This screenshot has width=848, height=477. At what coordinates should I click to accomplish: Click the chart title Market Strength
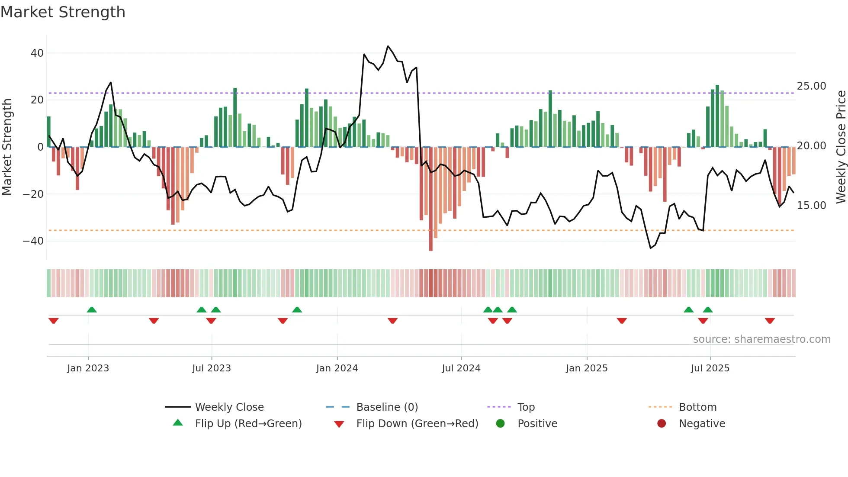63,12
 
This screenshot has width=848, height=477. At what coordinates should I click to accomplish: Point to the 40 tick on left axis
37,53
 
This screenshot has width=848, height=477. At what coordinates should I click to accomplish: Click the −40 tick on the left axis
33,241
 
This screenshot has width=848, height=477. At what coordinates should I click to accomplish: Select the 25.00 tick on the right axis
811,86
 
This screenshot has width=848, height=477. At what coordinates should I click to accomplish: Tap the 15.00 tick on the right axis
811,206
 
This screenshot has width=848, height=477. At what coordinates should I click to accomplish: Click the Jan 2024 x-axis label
337,368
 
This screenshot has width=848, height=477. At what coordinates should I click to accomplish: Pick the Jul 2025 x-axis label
710,368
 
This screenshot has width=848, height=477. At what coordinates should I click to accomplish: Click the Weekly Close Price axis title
841,147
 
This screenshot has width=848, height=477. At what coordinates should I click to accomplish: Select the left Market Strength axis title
7,147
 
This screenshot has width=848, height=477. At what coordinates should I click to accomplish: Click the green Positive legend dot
500,424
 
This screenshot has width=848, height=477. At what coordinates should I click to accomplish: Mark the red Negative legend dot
662,424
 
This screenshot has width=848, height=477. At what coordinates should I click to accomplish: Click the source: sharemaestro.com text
761,339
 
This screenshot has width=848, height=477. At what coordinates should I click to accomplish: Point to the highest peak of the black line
388,46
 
